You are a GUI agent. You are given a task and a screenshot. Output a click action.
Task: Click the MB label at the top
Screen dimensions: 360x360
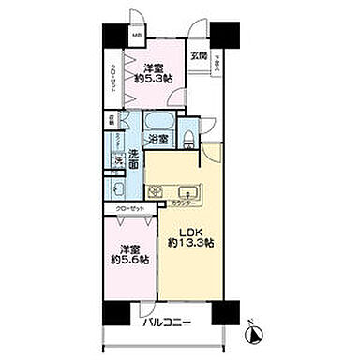click(x=136, y=38)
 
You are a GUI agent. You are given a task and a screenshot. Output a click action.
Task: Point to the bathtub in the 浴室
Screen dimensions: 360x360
click(x=157, y=122)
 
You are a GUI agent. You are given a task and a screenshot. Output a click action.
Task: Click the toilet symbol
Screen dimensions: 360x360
click(x=190, y=140)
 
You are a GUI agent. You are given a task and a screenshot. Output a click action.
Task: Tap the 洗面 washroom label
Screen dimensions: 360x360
click(x=133, y=161)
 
